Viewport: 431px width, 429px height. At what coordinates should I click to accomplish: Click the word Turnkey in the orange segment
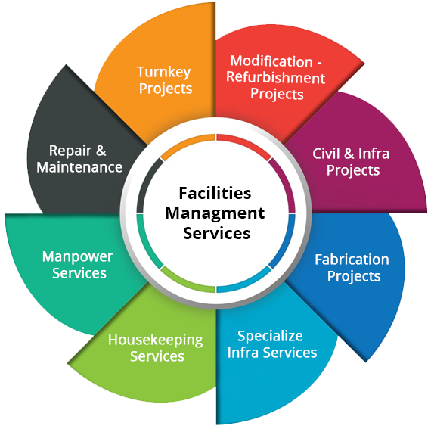164,73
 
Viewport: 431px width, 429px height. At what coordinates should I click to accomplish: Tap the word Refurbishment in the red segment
276,78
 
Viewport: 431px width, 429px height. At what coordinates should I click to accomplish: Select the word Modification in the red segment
271,61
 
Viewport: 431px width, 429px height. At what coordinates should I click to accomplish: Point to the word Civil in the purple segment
326,153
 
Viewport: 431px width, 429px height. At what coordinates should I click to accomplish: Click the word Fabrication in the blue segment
352,260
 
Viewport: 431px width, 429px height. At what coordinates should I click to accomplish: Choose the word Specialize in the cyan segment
270,337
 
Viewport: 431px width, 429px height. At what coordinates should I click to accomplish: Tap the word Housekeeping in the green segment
156,340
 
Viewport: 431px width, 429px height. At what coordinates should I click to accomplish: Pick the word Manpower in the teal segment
78,257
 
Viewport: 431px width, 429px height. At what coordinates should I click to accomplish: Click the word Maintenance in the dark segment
79,167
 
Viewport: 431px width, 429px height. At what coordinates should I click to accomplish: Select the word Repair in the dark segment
70,151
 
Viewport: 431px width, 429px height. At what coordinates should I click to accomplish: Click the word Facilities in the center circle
215,193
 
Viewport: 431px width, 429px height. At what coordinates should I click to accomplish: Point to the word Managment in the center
215,213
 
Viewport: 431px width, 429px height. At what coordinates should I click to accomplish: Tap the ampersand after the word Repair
101,151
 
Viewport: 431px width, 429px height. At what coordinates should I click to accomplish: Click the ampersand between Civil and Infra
349,153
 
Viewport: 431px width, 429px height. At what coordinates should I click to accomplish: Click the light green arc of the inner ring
184,283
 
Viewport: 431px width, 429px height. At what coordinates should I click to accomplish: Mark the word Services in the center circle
216,234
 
